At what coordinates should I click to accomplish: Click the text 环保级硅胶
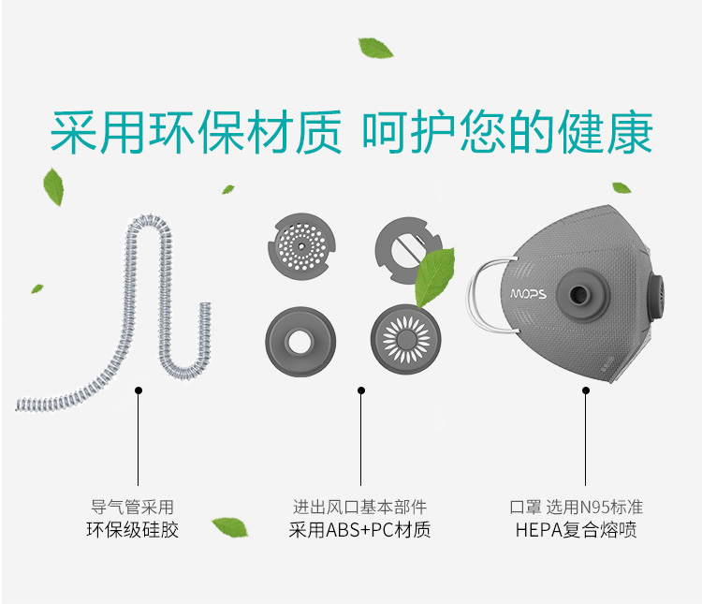coord(132,531)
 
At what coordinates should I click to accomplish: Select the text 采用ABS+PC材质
coord(359,531)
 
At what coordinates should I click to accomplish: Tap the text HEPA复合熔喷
coord(576,531)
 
